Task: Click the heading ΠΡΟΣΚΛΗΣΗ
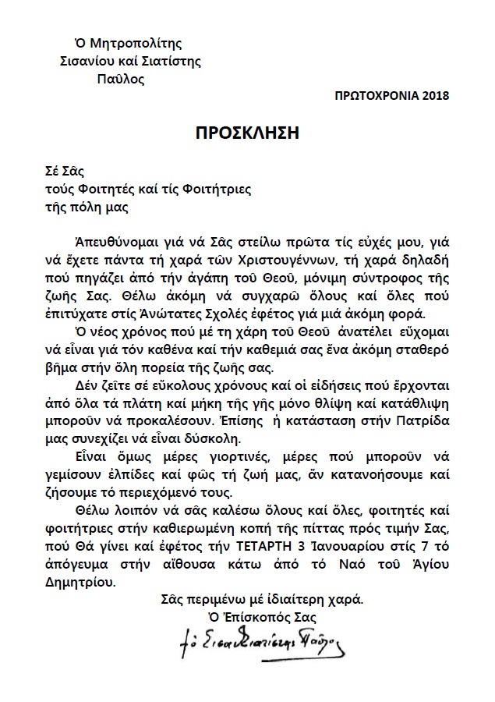pos(247,133)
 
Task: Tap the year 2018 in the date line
pos(433,96)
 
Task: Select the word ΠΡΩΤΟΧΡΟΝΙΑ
pos(371,96)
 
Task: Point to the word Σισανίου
pos(84,62)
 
